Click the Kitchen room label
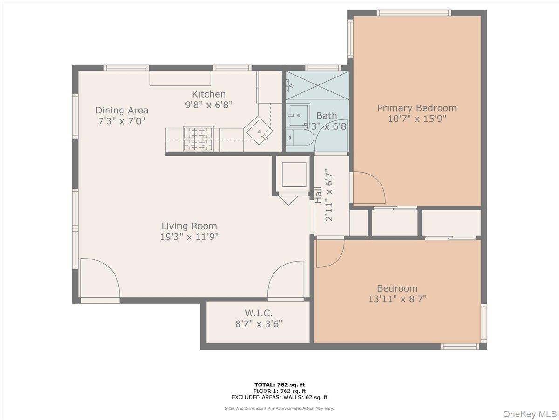(x=209, y=94)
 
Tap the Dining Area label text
(x=122, y=110)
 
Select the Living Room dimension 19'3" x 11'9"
(x=189, y=237)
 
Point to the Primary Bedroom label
(x=416, y=108)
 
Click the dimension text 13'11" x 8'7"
(x=397, y=299)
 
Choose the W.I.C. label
(x=259, y=313)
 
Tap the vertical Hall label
(x=318, y=195)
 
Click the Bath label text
(x=327, y=116)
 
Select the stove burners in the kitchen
(x=198, y=139)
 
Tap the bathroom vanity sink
(x=299, y=115)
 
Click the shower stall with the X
(x=317, y=86)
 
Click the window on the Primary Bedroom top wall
(x=414, y=13)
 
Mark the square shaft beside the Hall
(x=293, y=175)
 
